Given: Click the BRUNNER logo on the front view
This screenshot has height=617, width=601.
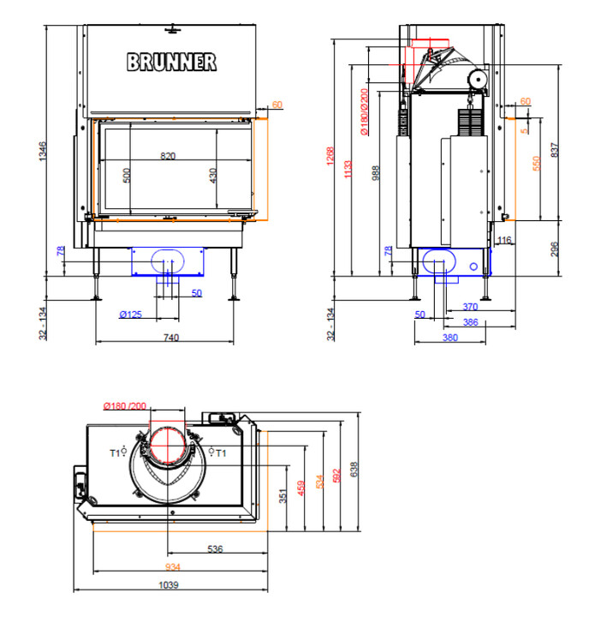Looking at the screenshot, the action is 171,63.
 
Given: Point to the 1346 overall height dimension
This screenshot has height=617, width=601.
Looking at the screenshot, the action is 43,151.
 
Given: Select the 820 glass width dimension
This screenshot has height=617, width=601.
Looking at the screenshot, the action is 168,156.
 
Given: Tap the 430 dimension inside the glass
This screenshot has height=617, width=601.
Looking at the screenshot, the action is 212,176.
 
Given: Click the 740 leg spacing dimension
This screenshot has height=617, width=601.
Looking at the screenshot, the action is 171,338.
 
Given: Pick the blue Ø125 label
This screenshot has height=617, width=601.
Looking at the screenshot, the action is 130,314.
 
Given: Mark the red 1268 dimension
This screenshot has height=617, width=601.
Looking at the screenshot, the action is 330,156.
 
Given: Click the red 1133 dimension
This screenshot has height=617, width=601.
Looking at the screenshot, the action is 348,169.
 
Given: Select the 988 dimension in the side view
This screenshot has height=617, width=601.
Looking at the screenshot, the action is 376,173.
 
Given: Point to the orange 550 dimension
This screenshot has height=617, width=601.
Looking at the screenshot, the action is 537,164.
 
